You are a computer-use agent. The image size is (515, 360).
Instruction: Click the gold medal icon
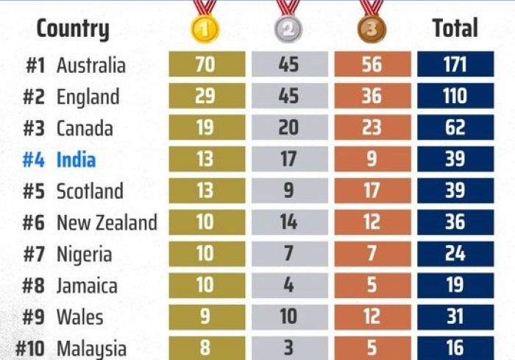click(205, 29)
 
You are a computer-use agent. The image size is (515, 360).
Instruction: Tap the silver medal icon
click(288, 29)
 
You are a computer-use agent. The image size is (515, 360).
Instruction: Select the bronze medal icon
click(372, 29)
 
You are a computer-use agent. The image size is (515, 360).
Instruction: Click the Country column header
click(73, 29)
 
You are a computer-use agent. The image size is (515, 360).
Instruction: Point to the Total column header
click(455, 28)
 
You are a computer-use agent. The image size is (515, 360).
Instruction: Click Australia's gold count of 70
click(207, 64)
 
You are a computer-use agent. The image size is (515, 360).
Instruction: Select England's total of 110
click(455, 96)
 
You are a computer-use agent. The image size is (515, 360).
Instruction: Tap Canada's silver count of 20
click(290, 127)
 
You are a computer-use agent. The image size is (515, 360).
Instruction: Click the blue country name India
click(77, 160)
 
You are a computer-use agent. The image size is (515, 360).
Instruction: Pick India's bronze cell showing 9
click(372, 159)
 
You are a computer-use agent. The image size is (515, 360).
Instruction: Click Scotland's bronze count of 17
click(372, 191)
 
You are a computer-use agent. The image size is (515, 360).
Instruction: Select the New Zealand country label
click(107, 222)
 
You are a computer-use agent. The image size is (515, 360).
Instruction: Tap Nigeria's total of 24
click(455, 253)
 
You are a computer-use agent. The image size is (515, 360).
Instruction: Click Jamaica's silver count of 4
click(290, 285)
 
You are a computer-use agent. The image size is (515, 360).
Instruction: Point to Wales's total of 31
click(455, 317)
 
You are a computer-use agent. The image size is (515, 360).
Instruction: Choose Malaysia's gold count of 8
click(207, 347)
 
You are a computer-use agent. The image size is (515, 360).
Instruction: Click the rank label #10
click(30, 348)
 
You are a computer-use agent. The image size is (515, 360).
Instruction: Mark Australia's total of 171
click(455, 64)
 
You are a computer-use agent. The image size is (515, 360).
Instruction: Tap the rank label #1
click(35, 66)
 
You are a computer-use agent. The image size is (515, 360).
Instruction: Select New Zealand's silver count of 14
click(290, 222)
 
